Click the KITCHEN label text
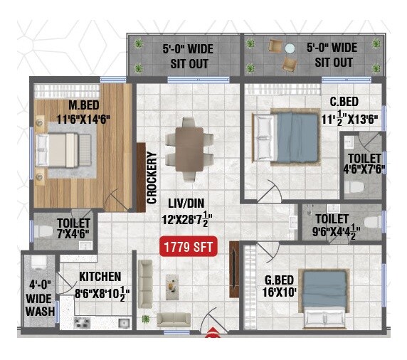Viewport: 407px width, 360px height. (x=100, y=276)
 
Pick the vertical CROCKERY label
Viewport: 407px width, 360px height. (x=152, y=178)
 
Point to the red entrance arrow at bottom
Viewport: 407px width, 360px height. (x=211, y=329)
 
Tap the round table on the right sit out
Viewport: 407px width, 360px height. (x=290, y=48)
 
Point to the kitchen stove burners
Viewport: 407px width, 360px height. (x=81, y=322)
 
